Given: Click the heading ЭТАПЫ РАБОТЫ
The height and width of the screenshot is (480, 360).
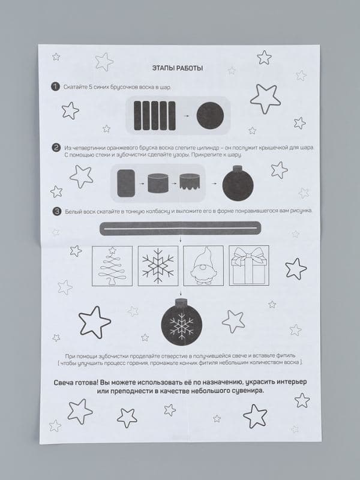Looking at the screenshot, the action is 178,68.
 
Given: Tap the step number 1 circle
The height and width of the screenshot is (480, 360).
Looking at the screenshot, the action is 55,87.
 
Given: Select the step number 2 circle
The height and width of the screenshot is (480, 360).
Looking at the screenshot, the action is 56,148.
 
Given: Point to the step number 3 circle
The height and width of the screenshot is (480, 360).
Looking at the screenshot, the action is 57,212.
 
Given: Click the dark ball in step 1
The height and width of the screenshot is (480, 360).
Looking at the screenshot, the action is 210,115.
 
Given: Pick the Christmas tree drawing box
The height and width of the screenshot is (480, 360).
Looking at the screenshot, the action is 112,266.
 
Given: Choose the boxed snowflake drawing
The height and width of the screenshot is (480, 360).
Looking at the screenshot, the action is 158,266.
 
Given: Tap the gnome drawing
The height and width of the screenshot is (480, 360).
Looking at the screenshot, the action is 203,266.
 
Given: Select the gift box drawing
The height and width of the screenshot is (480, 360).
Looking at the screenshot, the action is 249,266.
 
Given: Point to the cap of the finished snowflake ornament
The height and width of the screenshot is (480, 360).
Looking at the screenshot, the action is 182,302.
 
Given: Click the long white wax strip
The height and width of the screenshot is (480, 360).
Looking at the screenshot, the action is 181,229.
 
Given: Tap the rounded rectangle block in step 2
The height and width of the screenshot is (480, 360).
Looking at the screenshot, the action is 126,183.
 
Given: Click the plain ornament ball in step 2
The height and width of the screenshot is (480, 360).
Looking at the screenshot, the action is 238,184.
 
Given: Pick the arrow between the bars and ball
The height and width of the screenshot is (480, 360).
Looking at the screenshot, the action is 186,116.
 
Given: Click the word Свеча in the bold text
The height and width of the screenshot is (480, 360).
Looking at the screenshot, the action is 64,383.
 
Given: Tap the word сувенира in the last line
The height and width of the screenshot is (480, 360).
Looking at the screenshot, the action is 248,391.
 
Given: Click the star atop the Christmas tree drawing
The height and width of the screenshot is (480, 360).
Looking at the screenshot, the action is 112,250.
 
